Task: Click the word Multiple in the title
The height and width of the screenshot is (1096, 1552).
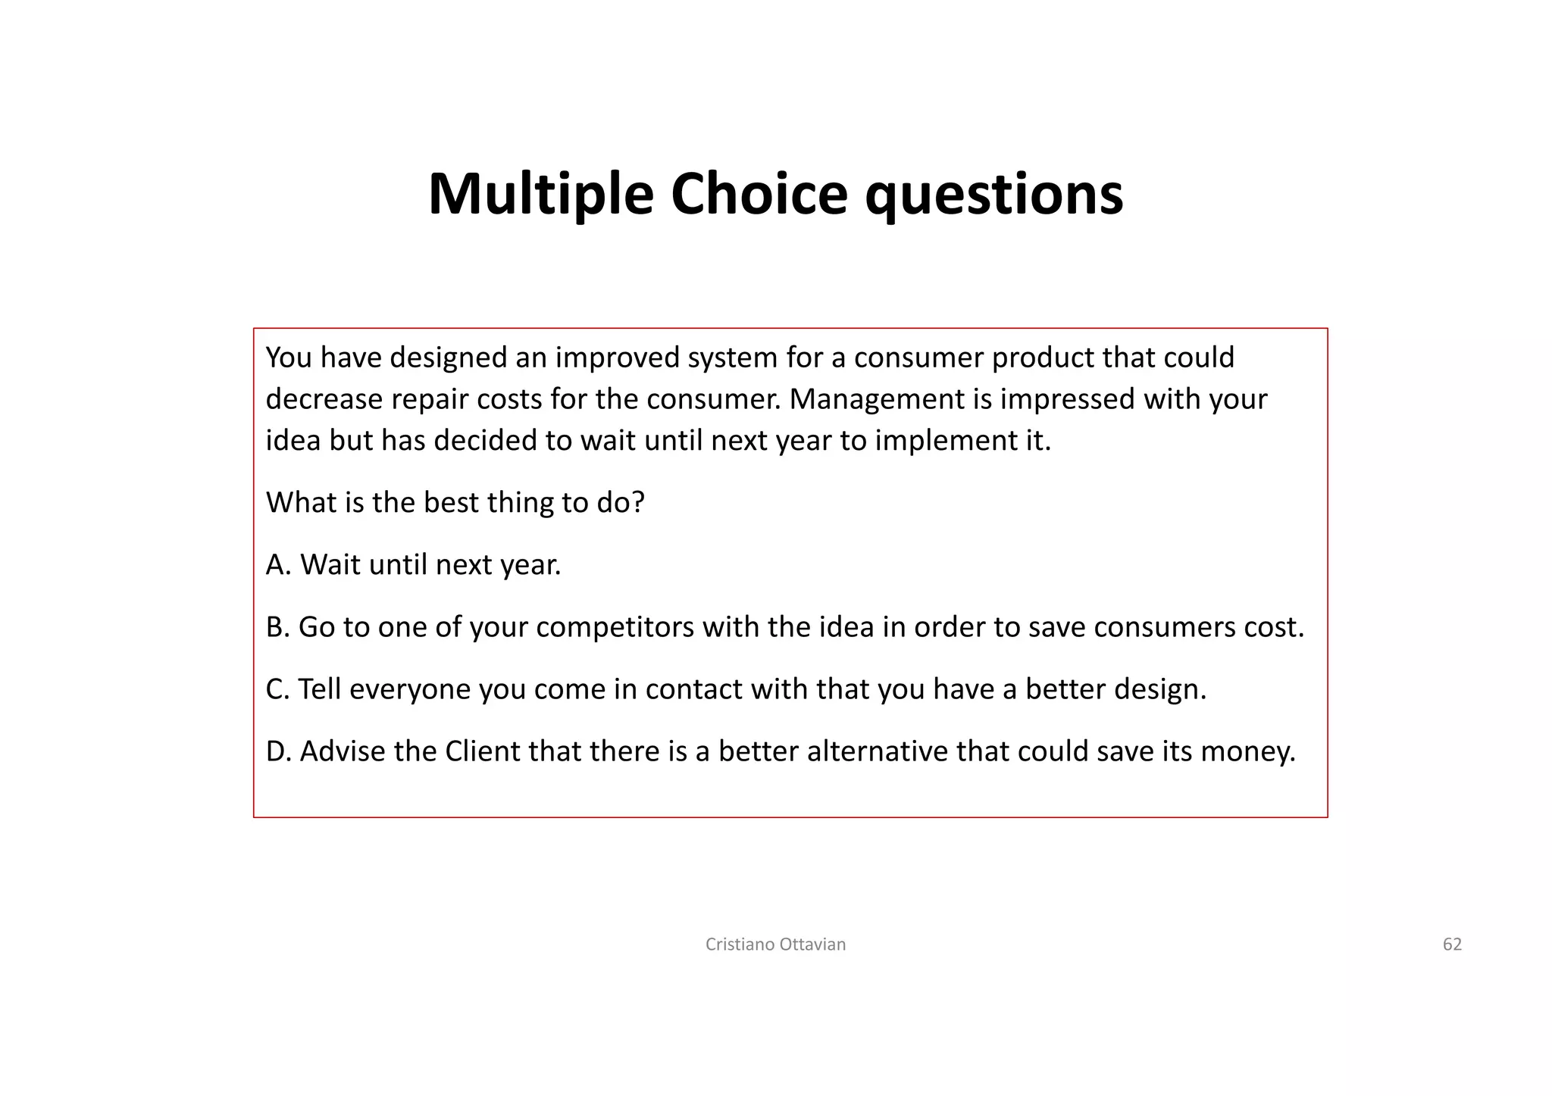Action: pyautogui.click(x=540, y=194)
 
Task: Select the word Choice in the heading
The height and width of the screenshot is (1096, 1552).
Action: pyautogui.click(x=759, y=194)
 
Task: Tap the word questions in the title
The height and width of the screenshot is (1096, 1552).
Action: pyautogui.click(x=993, y=195)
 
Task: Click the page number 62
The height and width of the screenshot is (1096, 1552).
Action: pyautogui.click(x=1451, y=945)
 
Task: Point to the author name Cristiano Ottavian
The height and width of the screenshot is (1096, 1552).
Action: pyautogui.click(x=775, y=945)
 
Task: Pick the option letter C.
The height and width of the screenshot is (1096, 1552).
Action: pyautogui.click(x=275, y=689)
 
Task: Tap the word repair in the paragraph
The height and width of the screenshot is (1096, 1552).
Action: pyautogui.click(x=430, y=400)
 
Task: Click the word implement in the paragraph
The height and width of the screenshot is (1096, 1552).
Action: pyautogui.click(x=938, y=441)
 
